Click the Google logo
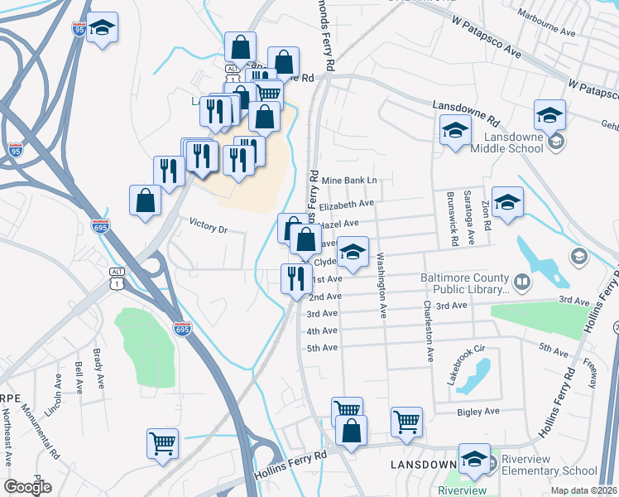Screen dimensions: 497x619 point(27,487)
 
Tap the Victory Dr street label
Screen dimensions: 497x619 point(208,224)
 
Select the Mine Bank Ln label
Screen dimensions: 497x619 point(349,180)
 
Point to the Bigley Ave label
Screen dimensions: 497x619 point(479,411)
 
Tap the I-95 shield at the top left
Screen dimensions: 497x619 point(79,30)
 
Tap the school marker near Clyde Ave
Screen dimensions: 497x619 point(353,252)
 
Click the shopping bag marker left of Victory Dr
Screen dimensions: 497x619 point(145,200)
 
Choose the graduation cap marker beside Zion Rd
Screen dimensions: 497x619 point(507,201)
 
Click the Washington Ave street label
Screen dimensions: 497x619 point(382,286)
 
